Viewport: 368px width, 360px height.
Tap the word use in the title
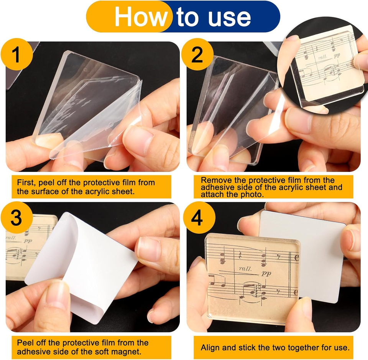(229, 17)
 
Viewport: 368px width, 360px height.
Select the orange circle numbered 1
(16, 54)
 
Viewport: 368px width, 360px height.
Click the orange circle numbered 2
(197, 54)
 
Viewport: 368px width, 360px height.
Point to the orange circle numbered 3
(16, 218)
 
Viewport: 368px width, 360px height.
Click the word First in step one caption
(26, 183)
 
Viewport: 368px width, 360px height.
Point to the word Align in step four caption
(210, 348)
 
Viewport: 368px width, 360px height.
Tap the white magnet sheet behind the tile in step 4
(322, 256)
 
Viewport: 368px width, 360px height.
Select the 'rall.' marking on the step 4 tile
(245, 268)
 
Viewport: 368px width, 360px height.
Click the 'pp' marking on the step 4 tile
(266, 273)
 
